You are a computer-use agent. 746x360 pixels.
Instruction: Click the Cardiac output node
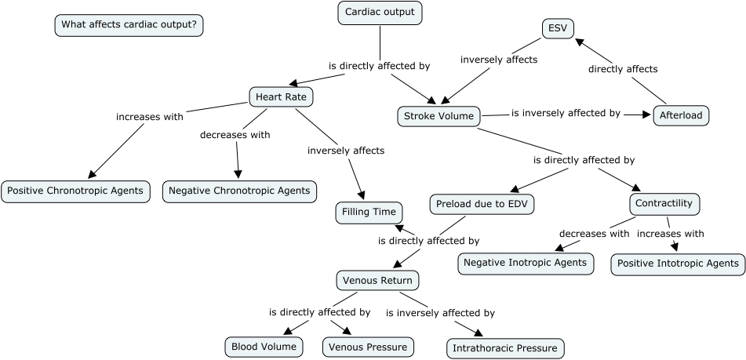point(380,13)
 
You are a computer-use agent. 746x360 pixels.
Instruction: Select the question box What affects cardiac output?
point(129,25)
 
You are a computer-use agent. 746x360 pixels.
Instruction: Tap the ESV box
point(558,29)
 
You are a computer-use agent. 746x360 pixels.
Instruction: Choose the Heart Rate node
point(281,96)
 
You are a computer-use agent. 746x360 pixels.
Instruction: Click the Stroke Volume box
point(439,117)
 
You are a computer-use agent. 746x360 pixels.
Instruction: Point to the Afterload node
point(682,115)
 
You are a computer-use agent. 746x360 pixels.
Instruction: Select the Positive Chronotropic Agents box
point(75,191)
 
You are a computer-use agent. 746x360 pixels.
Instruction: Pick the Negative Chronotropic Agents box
point(239,191)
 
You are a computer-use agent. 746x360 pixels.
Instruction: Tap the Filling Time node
point(369,212)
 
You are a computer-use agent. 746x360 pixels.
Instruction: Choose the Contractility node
point(664,204)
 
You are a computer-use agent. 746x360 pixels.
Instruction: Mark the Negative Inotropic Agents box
point(525,263)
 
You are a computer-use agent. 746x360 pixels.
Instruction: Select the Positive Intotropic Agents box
point(678,264)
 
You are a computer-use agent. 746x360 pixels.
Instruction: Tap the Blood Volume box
point(263,346)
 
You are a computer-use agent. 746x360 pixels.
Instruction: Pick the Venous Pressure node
point(368,347)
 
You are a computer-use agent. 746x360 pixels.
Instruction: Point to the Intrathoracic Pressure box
point(505,348)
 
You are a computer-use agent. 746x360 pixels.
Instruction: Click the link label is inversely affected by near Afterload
point(566,114)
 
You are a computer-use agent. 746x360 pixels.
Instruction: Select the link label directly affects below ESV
point(623,69)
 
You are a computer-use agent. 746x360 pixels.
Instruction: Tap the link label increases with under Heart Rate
point(150,117)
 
